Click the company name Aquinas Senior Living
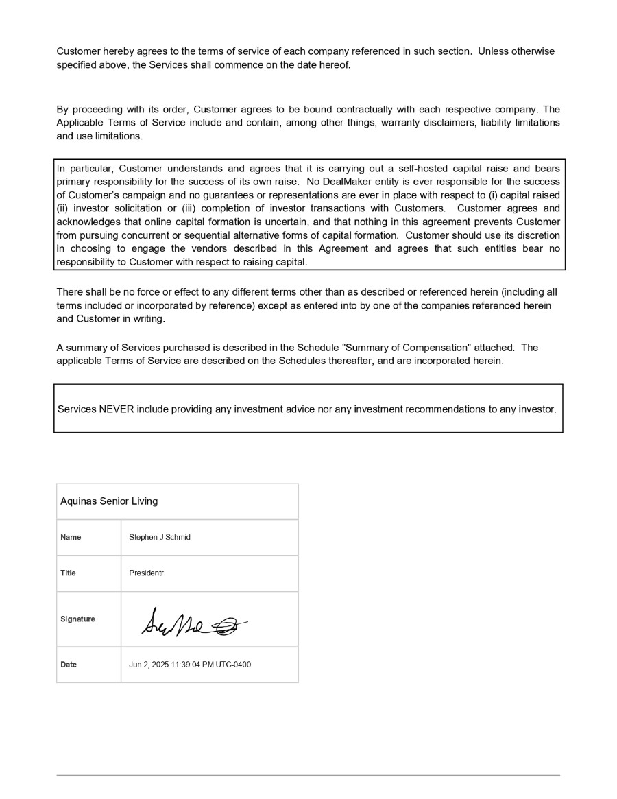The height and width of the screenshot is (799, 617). coord(109,501)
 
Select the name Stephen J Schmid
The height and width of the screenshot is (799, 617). coord(160,537)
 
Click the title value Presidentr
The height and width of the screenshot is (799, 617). coord(146,573)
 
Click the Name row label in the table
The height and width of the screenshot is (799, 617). coord(71,537)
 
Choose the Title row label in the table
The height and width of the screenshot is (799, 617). coord(69,573)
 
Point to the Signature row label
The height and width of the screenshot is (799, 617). coord(77,619)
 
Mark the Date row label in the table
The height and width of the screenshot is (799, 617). coord(69,664)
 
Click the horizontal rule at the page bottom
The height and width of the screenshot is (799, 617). coord(308,776)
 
